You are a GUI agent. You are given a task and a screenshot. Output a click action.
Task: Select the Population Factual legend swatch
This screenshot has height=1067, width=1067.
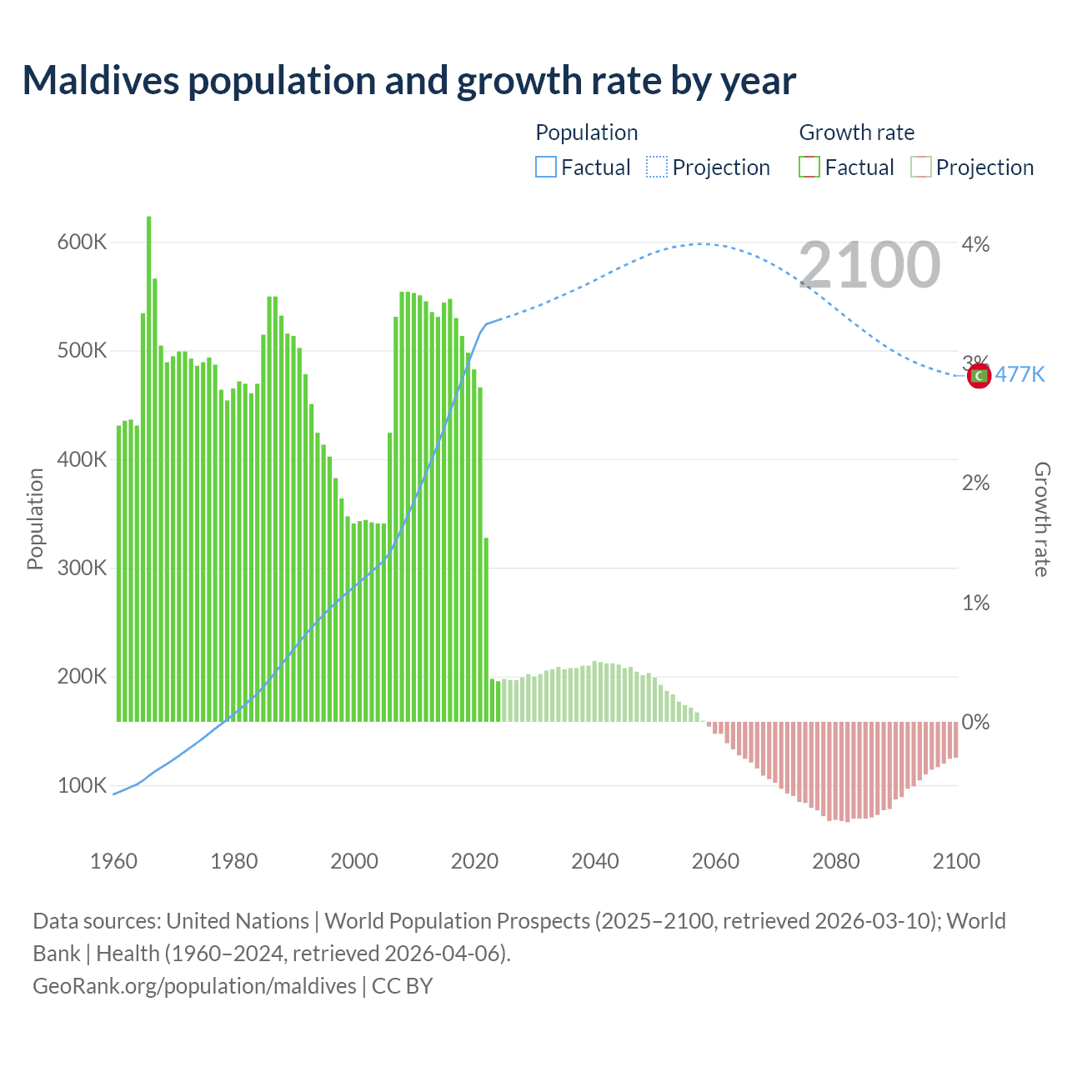545,168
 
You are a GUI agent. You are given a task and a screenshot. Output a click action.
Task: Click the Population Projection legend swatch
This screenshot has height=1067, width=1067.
657,168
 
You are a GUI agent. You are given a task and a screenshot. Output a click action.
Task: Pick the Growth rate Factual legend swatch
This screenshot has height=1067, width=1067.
809,168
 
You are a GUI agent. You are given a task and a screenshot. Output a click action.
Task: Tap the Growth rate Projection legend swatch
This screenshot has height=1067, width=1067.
921,168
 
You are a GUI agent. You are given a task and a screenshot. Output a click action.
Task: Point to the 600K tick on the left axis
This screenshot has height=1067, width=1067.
82,243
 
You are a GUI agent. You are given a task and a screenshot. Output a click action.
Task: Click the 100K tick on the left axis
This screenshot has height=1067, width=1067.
82,786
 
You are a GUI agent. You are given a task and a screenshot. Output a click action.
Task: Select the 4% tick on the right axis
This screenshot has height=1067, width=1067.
975,244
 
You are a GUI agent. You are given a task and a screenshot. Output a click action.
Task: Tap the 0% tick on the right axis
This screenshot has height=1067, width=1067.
975,722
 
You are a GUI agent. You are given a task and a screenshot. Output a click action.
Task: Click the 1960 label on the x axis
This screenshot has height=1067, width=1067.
113,861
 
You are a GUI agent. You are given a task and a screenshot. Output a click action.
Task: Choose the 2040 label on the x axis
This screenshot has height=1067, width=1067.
594,861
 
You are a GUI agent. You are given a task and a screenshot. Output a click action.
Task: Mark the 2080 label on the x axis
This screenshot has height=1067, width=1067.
835,861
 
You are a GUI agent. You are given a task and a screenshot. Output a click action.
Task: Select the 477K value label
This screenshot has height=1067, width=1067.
1019,374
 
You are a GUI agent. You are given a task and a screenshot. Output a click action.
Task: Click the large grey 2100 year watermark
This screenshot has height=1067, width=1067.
869,265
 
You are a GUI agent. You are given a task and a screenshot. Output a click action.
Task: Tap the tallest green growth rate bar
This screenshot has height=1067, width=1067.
149,467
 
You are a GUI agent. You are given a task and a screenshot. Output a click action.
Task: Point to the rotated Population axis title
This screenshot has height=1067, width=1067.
35,518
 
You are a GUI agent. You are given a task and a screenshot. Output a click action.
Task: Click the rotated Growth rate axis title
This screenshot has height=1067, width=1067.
1041,519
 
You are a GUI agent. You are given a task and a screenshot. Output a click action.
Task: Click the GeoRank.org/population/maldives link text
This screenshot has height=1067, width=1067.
194,986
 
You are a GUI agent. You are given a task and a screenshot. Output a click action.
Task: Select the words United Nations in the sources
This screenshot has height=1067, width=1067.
238,921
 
